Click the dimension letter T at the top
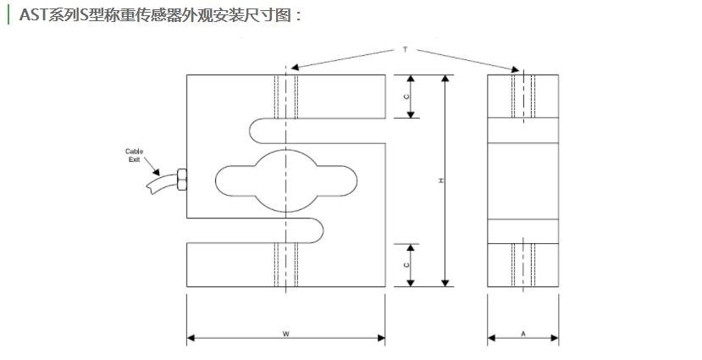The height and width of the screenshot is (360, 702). [x=406, y=51]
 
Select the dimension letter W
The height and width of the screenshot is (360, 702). [x=286, y=335]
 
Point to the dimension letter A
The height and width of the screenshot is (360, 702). [x=523, y=335]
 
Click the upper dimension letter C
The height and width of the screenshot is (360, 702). [x=407, y=97]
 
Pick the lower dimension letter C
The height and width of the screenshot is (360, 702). [x=407, y=265]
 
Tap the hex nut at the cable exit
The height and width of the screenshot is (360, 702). [x=181, y=180]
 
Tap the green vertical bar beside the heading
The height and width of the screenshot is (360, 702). [x=8, y=14]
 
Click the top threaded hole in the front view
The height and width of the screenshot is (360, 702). [x=286, y=96]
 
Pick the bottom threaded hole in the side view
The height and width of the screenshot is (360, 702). [x=523, y=265]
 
